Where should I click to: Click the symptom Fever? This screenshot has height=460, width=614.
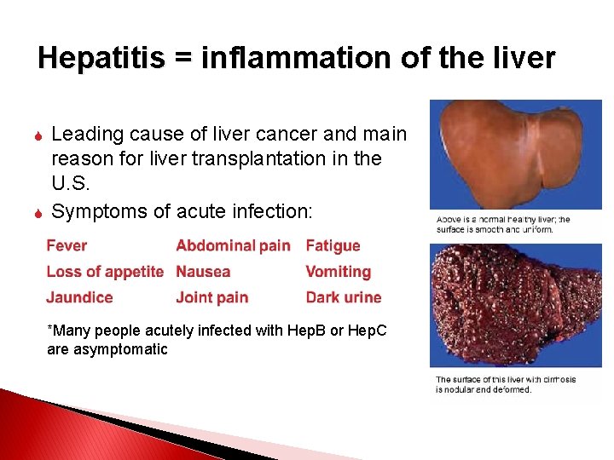pos(67,246)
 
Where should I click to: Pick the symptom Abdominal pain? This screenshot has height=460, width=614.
pos(233,246)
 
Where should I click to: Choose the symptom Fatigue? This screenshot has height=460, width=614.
pos(333,246)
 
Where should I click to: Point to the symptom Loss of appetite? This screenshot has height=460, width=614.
pos(104,272)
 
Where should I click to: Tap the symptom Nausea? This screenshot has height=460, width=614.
pos(203,272)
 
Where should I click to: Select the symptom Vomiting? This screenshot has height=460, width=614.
pos(338,272)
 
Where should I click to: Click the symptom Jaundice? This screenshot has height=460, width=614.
pos(79,297)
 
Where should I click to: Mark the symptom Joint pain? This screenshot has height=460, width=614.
pos(211,297)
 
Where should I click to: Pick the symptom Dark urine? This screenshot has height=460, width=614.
pos(343,297)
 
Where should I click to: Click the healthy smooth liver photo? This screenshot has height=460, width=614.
pos(515,153)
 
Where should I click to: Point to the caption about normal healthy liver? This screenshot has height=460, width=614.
pos(503,224)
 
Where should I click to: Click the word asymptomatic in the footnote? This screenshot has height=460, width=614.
pos(119,349)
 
